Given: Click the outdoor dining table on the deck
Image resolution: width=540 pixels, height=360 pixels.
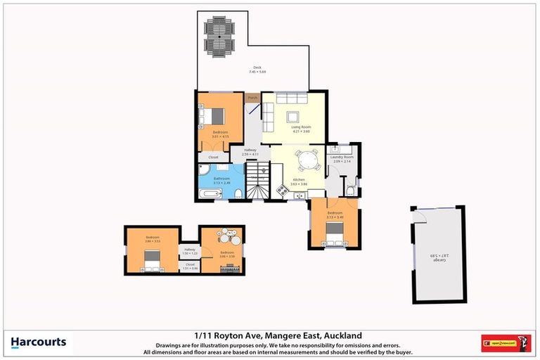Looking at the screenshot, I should tap(220, 37).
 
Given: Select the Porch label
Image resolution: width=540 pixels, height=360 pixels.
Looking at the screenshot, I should tap(252, 98).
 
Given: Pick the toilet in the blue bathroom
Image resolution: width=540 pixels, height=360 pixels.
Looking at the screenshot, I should tap(239, 193).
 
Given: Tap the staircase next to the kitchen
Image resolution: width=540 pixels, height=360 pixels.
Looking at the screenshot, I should tap(258, 180).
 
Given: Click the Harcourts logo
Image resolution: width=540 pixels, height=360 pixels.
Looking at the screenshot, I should tap(39, 342).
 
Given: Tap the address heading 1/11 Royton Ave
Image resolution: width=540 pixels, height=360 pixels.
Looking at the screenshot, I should tap(269, 335).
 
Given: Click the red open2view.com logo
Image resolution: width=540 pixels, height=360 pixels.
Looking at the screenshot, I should tap(506, 343).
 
